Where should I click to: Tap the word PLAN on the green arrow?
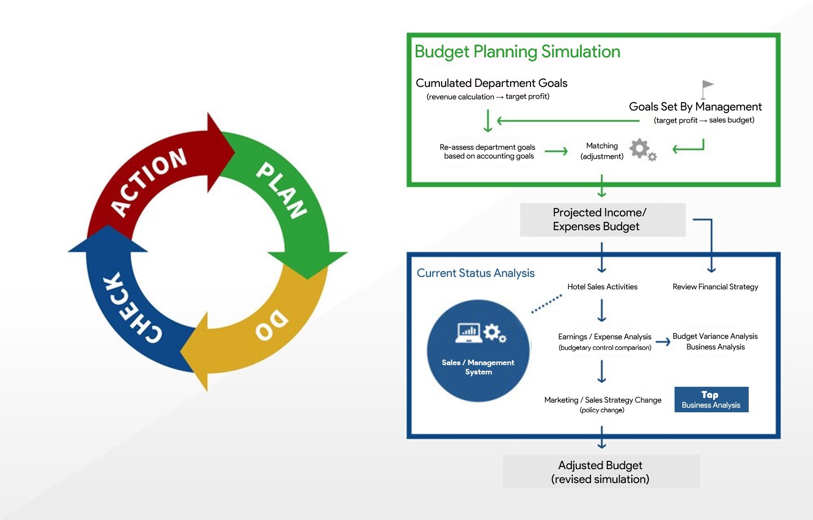coord(282,190)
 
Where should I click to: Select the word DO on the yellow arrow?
coord(272,324)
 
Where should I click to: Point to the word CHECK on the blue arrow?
coord(132,307)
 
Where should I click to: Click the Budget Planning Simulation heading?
coord(517,52)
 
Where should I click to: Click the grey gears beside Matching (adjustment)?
coord(643,150)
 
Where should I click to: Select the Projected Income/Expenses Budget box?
coord(603,220)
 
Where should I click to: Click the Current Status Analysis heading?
coord(475,273)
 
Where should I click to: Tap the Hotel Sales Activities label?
coord(602,287)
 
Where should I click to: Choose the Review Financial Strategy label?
coord(715,287)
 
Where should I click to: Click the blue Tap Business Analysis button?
coord(711,399)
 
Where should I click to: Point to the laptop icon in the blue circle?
coord(469,332)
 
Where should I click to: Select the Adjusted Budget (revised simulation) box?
coord(601,471)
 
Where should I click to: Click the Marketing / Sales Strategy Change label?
coord(603,400)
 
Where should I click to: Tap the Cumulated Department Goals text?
coord(491,83)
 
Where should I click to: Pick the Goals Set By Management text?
coord(695,107)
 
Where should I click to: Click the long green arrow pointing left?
coord(568,121)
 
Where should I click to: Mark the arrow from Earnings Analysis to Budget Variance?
coord(663,342)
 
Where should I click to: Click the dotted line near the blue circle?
coord(547,304)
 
